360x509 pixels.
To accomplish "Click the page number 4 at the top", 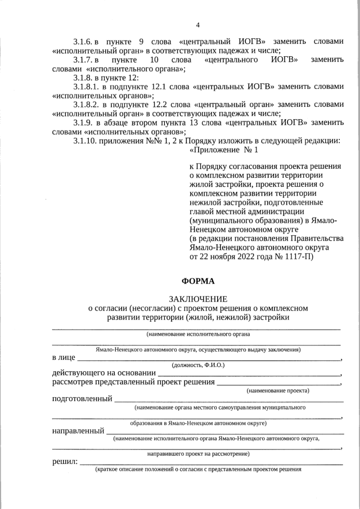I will [x=197, y=25].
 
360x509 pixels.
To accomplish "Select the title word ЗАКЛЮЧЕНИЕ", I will [x=197, y=299].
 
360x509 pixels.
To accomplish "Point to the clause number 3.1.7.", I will [x=83, y=60].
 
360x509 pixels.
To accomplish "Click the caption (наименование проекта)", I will [x=278, y=390].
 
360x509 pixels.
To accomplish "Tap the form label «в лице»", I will [x=64, y=358].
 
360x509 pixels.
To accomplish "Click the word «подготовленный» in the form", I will [x=82, y=399].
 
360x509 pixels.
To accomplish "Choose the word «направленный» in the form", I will [x=78, y=431].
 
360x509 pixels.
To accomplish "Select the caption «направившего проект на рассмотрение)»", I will [x=199, y=453].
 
